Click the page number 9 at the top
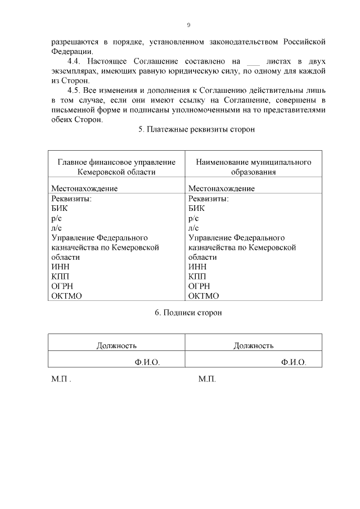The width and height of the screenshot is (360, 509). point(189,25)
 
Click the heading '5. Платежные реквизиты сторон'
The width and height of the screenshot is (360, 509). point(196,129)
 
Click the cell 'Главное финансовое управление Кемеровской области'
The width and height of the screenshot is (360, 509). point(116,167)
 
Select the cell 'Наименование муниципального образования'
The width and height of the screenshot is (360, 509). point(254,167)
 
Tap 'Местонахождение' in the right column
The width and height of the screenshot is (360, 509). point(221,188)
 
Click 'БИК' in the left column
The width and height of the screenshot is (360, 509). point(59,208)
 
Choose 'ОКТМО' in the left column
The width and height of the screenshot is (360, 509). point(67,296)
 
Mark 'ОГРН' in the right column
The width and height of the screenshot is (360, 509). point(199,286)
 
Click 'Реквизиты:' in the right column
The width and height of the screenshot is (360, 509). point(208,199)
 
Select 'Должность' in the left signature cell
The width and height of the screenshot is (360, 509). point(116,345)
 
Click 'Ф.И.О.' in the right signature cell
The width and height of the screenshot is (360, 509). point(294,362)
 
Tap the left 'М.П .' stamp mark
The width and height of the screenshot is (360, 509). point(61,380)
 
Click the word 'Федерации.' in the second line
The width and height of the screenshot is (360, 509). point(71,51)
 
